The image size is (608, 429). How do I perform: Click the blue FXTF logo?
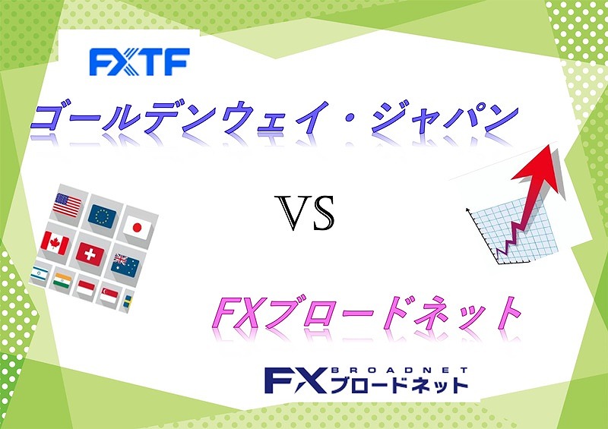[x=139, y=62]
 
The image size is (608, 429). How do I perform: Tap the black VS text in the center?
[x=305, y=213]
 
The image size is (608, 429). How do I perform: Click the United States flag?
[x=67, y=205]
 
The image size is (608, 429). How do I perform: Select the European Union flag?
[x=102, y=216]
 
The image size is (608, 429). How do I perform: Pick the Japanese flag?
[x=137, y=227]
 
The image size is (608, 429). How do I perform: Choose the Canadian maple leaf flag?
[x=55, y=243]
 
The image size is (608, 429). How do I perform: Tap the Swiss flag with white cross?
[x=90, y=254]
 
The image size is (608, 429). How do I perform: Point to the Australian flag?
[x=125, y=266]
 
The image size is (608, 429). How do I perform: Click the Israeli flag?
[x=40, y=273]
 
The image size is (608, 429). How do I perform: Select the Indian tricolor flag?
[x=62, y=281]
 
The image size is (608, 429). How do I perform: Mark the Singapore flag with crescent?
[x=109, y=295]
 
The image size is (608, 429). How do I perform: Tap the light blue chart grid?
[x=514, y=232]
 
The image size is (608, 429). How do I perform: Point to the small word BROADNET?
[x=400, y=370]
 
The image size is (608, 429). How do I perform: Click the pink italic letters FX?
[x=236, y=312]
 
